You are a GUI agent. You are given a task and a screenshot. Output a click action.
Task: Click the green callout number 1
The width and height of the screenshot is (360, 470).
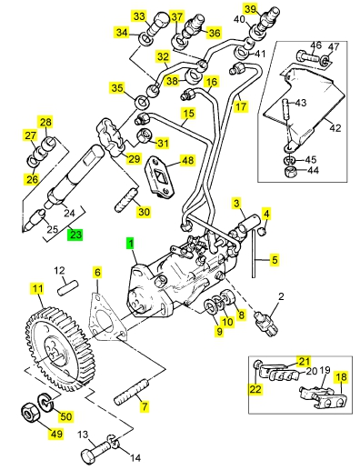[130, 244]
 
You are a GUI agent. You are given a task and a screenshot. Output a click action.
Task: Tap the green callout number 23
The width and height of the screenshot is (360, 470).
[75, 235]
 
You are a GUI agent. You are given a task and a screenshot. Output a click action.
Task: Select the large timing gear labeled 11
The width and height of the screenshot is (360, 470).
[59, 349]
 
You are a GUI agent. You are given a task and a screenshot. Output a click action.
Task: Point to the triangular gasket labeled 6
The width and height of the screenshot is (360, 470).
[105, 316]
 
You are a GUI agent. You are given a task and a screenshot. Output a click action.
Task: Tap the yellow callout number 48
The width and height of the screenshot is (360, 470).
[188, 160]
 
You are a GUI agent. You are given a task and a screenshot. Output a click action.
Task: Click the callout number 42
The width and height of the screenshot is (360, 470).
[335, 127]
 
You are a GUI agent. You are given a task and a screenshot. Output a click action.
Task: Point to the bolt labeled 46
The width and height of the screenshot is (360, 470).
[306, 56]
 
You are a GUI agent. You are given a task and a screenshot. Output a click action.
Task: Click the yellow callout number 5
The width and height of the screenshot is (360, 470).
[275, 260]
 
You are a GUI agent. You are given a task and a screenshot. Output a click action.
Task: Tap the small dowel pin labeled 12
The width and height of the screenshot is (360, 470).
[68, 288]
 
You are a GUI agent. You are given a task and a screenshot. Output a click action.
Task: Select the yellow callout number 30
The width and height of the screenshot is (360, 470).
[144, 211]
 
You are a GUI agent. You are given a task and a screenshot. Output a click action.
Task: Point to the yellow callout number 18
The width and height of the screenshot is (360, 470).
[341, 377]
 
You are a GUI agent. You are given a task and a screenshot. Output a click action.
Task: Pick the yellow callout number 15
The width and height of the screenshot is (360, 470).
[188, 114]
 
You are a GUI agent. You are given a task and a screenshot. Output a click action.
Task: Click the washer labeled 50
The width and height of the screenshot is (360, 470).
[45, 403]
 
